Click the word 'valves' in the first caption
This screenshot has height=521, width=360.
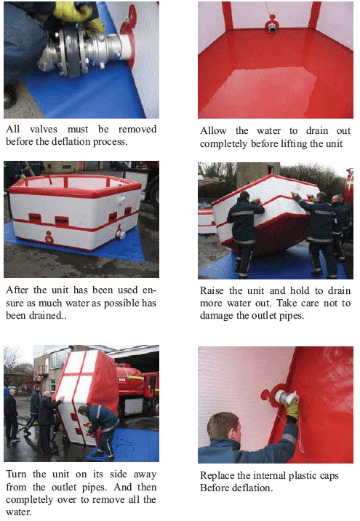coord(43,129)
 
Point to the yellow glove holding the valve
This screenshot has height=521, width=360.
coord(79,15)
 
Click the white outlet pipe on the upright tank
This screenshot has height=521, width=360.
coord(120,234)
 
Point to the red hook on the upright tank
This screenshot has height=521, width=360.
coord(49,237)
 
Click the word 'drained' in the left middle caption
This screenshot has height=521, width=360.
coord(47,315)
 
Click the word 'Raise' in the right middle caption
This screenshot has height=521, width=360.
coord(212,291)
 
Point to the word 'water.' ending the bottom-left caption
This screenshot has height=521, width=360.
coord(19,512)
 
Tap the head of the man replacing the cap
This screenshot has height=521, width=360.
coord(223,428)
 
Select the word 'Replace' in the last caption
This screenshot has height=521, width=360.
coord(217,476)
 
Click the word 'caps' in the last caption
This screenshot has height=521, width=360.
coord(329,476)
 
